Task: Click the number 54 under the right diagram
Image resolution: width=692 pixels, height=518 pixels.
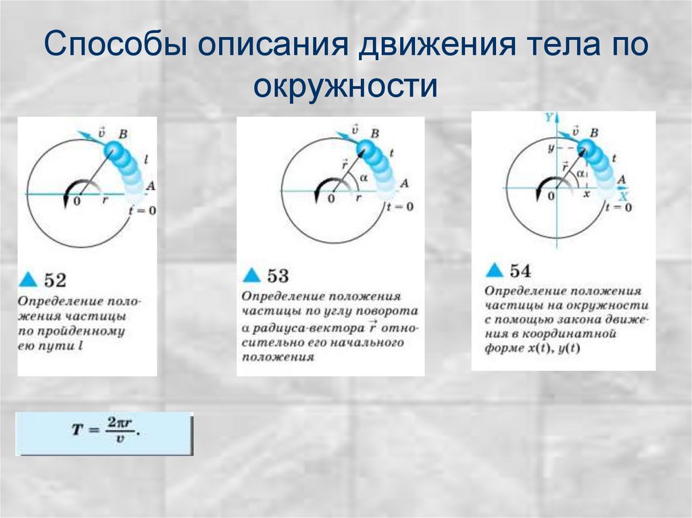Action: coord(520,271)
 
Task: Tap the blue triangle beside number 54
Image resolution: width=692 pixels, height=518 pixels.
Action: coord(495,270)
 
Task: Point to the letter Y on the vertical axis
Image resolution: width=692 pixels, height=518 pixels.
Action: coord(548,118)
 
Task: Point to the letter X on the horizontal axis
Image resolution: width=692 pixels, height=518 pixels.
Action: coord(624,197)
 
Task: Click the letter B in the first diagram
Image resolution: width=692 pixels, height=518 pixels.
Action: coord(122,134)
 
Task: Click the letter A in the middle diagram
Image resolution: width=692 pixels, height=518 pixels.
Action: coord(404,183)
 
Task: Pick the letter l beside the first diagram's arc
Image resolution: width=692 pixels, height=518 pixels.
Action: coord(147,160)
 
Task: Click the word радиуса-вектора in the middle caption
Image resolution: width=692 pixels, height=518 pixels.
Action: coord(308,328)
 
